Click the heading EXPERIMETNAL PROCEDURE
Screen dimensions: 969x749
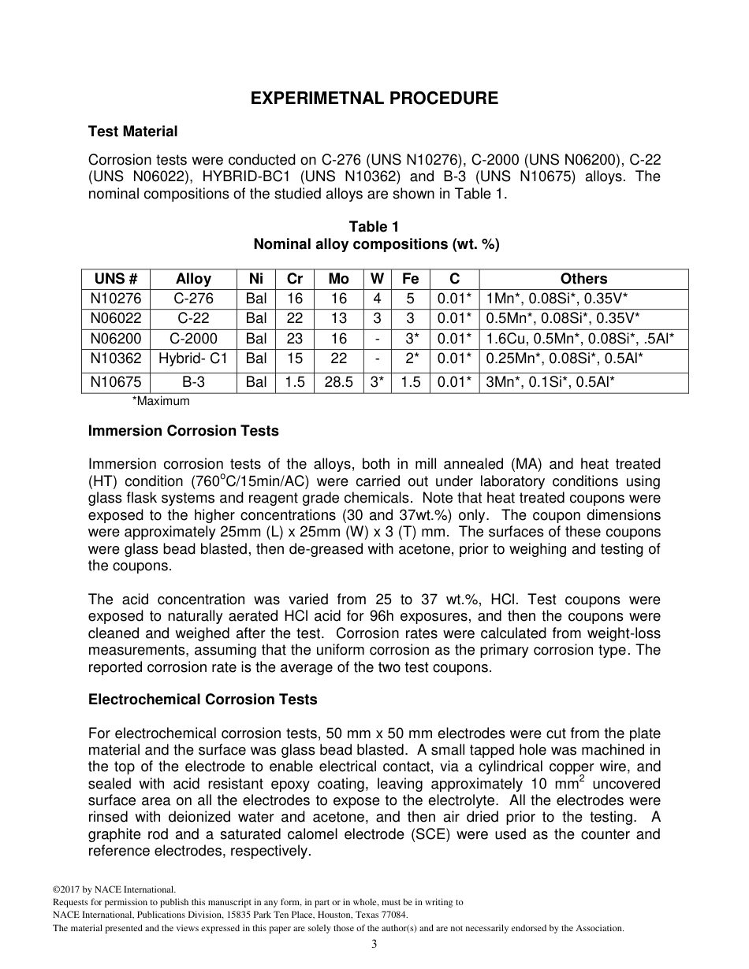tap(374, 98)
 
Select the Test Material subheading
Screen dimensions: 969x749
tap(132, 132)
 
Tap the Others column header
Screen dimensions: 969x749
tap(583, 279)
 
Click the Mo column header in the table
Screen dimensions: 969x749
tap(338, 279)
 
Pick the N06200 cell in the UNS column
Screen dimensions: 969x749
tap(116, 339)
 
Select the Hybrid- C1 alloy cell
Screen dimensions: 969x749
tap(193, 358)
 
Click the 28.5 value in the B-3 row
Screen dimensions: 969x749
tap(338, 382)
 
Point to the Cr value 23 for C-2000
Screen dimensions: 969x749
tap(295, 339)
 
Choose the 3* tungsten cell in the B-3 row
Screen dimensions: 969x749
tap(378, 382)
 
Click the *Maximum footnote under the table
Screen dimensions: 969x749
tap(161, 401)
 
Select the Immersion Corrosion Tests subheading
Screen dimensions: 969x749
tap(183, 431)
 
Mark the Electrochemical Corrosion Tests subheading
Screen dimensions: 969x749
tap(203, 700)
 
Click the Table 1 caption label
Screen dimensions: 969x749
tap(374, 228)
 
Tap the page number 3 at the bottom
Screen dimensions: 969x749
tap(374, 945)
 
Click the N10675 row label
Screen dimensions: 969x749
tap(116, 382)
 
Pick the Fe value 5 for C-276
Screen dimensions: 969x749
tap(410, 299)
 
